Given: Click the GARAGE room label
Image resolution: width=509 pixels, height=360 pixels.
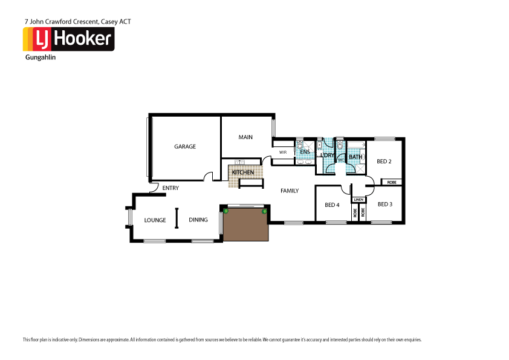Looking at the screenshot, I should tap(185, 146).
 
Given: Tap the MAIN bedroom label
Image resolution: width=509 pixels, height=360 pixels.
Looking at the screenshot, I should tap(245, 137).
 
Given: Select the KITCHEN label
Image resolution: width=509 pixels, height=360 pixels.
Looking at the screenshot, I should tap(243, 173).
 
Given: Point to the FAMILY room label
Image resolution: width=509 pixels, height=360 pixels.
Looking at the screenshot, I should tap(290, 191).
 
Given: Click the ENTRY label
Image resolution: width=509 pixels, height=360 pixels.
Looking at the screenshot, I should tap(170, 188).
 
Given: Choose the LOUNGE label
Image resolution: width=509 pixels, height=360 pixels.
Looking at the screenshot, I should tap(155, 220).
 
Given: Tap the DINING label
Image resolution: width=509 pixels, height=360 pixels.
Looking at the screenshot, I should tap(198, 220).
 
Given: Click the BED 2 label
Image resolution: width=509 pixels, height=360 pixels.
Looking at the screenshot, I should tap(384, 162).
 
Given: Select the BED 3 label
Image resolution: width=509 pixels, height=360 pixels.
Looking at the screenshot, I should tap(385, 205).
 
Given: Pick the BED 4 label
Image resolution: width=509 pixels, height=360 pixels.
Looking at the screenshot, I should tap(332, 205).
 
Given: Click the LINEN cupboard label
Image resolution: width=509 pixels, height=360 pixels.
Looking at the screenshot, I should tap(358, 199).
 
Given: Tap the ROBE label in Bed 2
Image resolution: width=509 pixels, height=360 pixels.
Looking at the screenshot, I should tap(392, 182).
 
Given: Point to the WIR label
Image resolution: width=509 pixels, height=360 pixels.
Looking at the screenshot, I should tap(282, 152).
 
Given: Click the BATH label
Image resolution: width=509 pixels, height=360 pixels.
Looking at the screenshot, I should tap(355, 157).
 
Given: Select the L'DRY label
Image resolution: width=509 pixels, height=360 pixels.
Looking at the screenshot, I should tap(327, 155).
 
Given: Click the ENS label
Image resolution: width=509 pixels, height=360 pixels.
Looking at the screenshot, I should tap(305, 152).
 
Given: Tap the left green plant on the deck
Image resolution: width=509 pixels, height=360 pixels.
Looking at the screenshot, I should tap(226, 211).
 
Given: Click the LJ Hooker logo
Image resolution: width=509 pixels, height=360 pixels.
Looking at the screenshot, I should tap(68, 39).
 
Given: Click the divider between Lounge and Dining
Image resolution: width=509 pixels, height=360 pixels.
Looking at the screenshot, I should tap(177, 218).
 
